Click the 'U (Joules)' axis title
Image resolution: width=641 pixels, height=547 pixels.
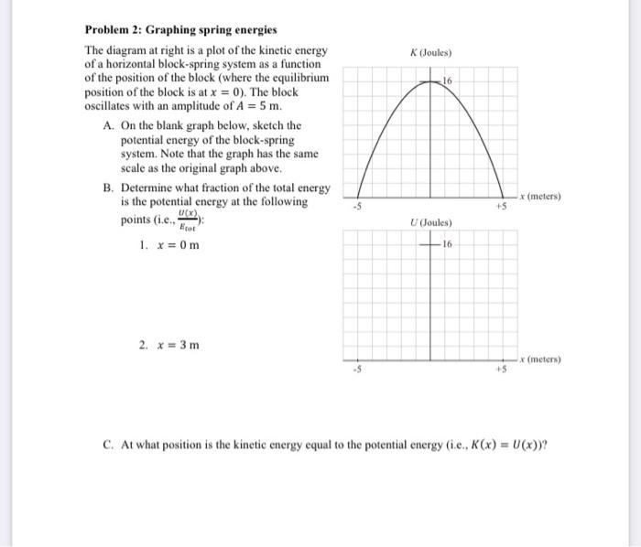(432, 223)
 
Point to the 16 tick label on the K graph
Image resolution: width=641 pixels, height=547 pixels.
(447, 83)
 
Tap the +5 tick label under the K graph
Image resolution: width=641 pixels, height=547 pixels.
(501, 207)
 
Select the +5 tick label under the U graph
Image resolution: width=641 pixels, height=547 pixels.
(501, 370)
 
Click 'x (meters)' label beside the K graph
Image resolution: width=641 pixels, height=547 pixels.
(540, 196)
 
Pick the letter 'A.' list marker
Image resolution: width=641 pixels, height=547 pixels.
(110, 125)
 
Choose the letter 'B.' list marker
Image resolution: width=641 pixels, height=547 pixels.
(110, 188)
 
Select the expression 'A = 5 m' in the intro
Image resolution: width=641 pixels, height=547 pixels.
(278, 105)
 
